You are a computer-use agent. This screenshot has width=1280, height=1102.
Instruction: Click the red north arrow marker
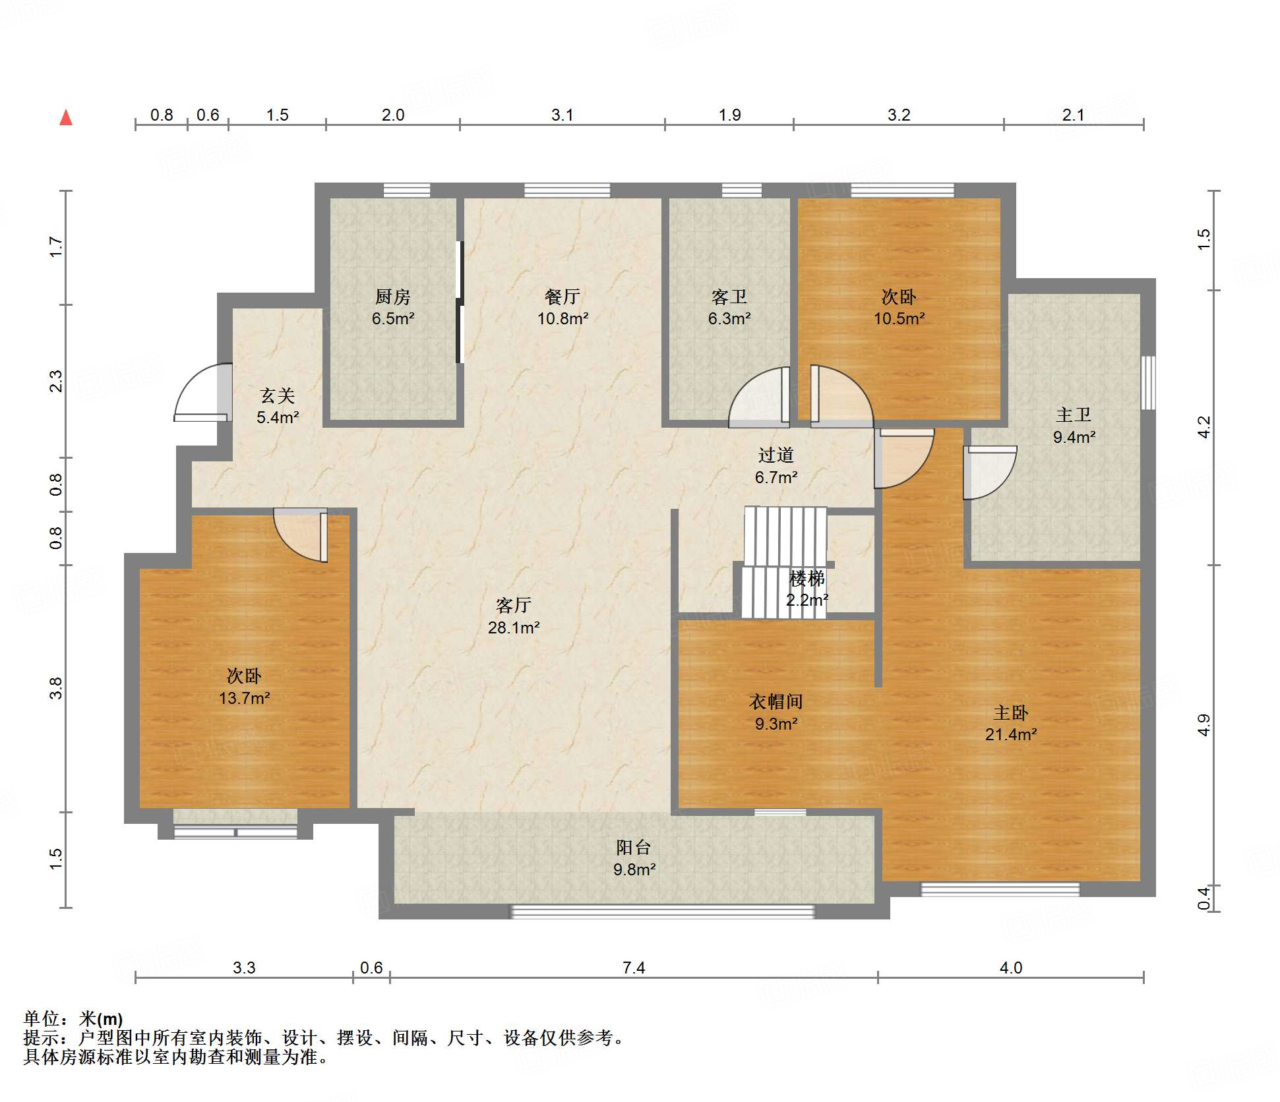point(66,117)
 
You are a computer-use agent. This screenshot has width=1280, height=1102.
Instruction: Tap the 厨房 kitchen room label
point(393,307)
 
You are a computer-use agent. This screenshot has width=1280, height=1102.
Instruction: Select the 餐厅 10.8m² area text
point(563,307)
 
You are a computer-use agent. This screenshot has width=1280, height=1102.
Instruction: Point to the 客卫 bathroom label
point(729,307)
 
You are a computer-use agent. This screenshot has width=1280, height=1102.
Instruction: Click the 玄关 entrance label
point(278,406)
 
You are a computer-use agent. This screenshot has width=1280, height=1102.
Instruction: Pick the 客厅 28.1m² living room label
point(514,616)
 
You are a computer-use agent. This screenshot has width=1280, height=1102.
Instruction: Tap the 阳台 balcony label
point(634,858)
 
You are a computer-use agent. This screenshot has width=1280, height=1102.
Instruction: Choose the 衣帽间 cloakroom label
point(776,712)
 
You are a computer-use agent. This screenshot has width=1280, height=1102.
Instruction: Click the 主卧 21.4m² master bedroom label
point(1011,723)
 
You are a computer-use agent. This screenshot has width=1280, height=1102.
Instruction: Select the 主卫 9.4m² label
point(1074,425)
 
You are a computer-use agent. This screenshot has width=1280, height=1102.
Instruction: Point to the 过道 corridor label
point(776,466)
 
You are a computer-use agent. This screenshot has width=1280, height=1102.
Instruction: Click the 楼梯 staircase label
point(807,589)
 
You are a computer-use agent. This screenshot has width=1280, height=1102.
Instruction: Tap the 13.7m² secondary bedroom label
point(245,698)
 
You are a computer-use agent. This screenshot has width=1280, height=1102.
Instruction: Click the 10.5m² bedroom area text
point(899,318)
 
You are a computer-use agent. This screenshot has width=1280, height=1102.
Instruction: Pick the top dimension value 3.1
point(563,115)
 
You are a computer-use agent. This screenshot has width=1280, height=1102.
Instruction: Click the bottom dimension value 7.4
point(634,968)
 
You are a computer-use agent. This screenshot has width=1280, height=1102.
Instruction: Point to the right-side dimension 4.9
point(1204,725)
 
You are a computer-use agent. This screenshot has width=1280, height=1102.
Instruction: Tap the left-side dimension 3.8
point(57,688)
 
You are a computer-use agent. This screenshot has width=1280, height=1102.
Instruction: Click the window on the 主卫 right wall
point(1148,383)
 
